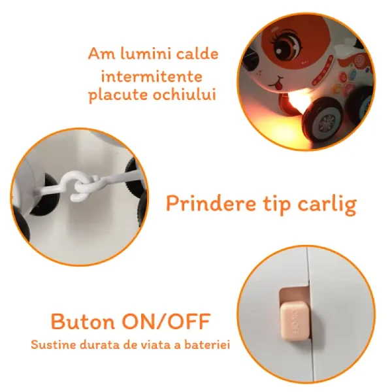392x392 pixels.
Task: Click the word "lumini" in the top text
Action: (146, 54)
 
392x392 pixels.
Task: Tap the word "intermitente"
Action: (152, 76)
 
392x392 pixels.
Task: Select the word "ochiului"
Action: (184, 95)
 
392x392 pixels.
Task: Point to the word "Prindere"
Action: (211, 203)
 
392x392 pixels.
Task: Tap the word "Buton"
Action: (83, 321)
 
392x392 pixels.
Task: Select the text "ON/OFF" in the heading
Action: (167, 321)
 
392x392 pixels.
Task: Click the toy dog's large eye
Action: (288, 43)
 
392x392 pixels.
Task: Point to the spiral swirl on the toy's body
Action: (359, 61)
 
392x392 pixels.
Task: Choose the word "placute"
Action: (118, 95)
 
